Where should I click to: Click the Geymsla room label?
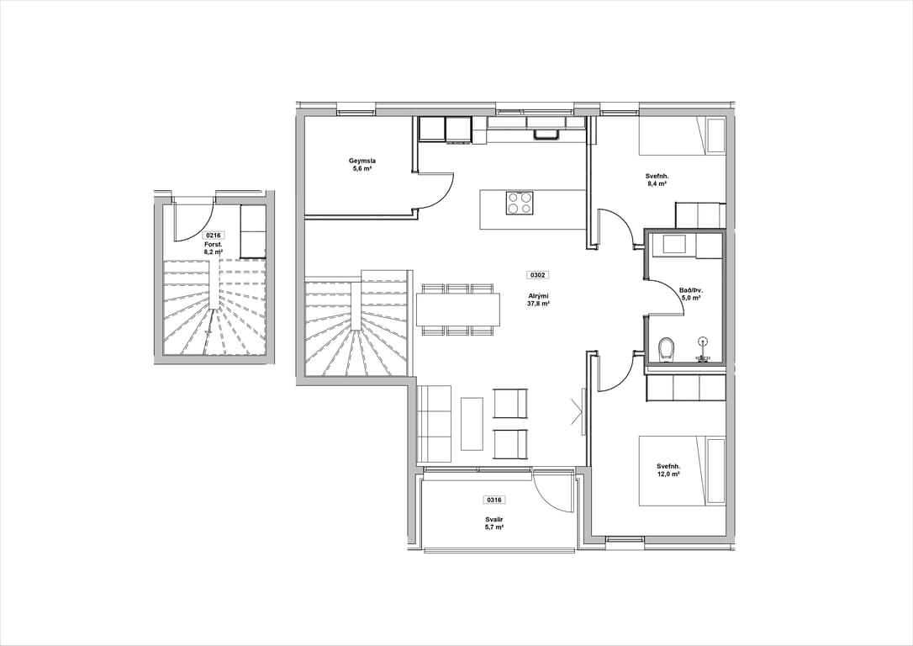362,161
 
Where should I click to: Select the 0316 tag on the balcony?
494,499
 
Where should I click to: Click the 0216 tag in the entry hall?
213,236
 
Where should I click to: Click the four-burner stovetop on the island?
519,204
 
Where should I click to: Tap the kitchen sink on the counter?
546,134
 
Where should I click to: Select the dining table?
458,309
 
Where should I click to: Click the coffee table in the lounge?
472,423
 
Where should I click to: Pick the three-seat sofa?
435,423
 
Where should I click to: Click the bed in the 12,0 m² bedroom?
683,470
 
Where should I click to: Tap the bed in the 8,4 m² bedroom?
683,136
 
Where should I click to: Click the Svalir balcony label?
494,522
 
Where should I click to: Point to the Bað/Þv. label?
690,294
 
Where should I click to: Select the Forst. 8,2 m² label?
213,249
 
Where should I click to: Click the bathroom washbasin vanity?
674,246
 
